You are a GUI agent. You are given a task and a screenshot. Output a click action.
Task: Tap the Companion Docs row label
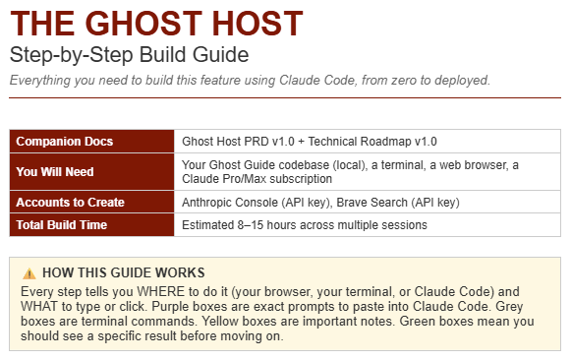[65, 142]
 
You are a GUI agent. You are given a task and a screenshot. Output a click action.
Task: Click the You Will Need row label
[55, 172]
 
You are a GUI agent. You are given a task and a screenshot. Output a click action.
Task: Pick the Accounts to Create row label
[71, 203]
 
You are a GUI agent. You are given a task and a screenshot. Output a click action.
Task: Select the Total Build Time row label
[65, 225]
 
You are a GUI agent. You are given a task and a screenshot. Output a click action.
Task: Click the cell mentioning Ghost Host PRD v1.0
[310, 142]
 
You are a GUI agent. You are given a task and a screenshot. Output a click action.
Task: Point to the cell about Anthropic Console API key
[320, 203]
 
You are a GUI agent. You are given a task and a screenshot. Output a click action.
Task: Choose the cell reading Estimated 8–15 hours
[305, 225]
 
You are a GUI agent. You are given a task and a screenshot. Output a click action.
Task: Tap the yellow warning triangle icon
[29, 272]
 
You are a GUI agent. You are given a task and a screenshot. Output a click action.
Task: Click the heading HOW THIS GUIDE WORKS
[124, 272]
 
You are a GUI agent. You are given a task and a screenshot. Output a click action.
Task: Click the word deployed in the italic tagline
[461, 80]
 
